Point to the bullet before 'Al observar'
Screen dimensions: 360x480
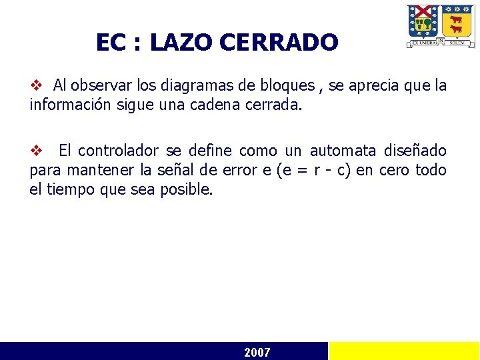(x=37, y=85)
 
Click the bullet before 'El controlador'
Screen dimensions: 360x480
(x=37, y=151)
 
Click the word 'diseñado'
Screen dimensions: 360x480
(x=417, y=151)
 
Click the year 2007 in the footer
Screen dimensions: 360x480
(x=257, y=352)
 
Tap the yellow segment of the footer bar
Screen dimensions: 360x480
(x=404, y=351)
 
